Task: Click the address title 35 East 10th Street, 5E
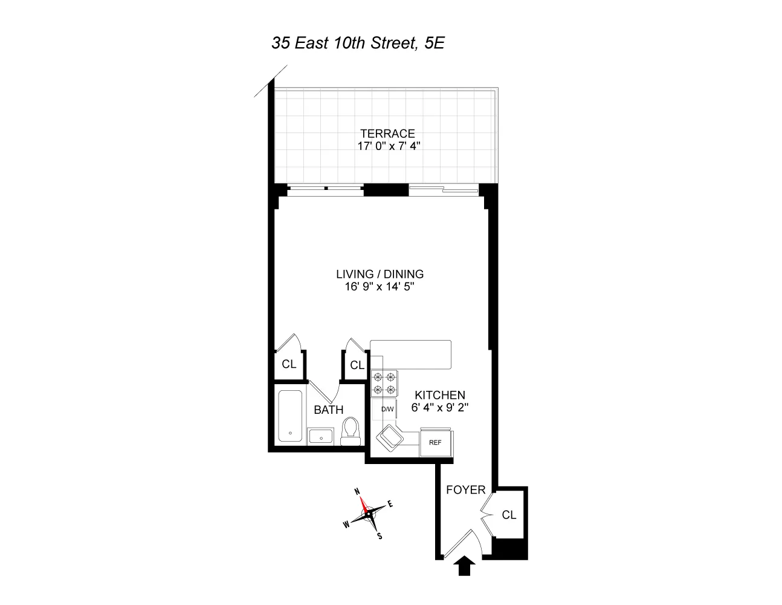tap(358, 43)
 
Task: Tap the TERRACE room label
tap(387, 134)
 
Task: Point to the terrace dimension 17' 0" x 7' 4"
tap(389, 146)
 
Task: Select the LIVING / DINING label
tap(380, 274)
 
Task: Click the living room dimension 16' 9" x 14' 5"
tap(380, 287)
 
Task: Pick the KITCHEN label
tap(440, 395)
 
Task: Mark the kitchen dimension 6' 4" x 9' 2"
tap(440, 408)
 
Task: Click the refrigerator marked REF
tap(436, 442)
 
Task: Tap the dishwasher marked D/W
tap(385, 409)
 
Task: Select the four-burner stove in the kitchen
tap(384, 384)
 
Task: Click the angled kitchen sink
tap(390, 438)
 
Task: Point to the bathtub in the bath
tap(290, 416)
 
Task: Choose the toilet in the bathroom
tap(351, 431)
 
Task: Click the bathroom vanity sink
tap(321, 436)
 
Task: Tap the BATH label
tap(329, 410)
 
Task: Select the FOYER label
tap(466, 490)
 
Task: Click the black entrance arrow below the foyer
tap(465, 566)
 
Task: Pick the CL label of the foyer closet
tap(509, 515)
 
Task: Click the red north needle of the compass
tap(364, 505)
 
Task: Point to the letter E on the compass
tap(390, 504)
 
